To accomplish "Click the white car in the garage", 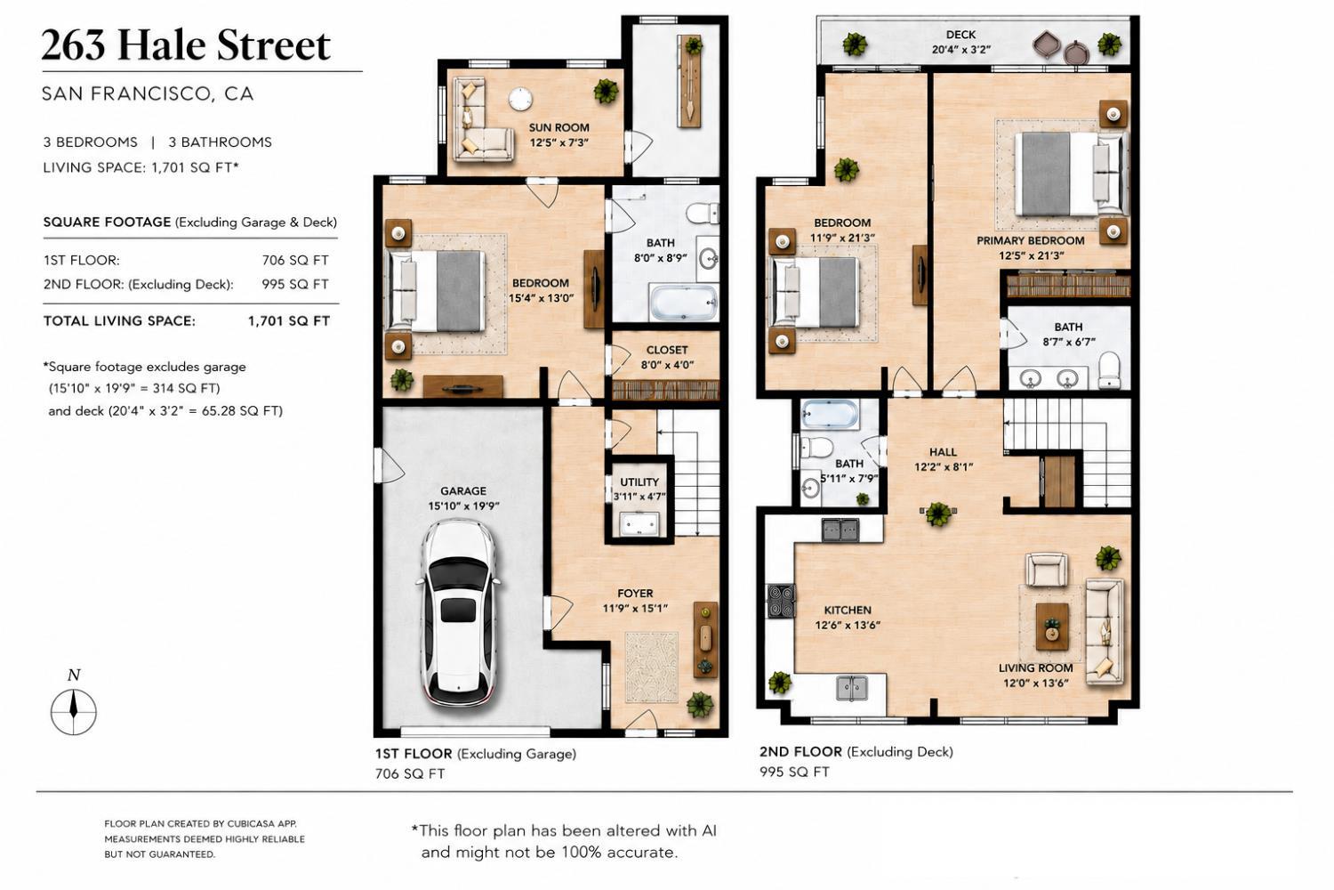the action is tap(459, 614).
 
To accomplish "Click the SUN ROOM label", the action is tap(559, 127).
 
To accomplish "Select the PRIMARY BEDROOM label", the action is tap(1030, 241).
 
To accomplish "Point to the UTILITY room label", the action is tap(639, 482).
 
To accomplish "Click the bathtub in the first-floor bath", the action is tap(684, 303).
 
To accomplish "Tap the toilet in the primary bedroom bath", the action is tap(1109, 369).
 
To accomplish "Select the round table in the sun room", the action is tap(520, 99).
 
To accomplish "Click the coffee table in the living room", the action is tap(1052, 627).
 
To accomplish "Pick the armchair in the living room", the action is tap(1047, 570).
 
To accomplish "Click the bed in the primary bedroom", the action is tap(1070, 174).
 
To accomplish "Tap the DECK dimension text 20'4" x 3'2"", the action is tap(961, 50).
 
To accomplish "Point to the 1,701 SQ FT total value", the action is tap(289, 320).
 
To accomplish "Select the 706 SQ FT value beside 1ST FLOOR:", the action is tap(295, 260).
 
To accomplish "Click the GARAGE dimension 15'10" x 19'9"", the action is tap(463, 506).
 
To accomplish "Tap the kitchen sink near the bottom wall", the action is tap(852, 688).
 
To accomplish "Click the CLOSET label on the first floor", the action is tap(667, 350).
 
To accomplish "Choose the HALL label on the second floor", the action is tap(943, 452).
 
